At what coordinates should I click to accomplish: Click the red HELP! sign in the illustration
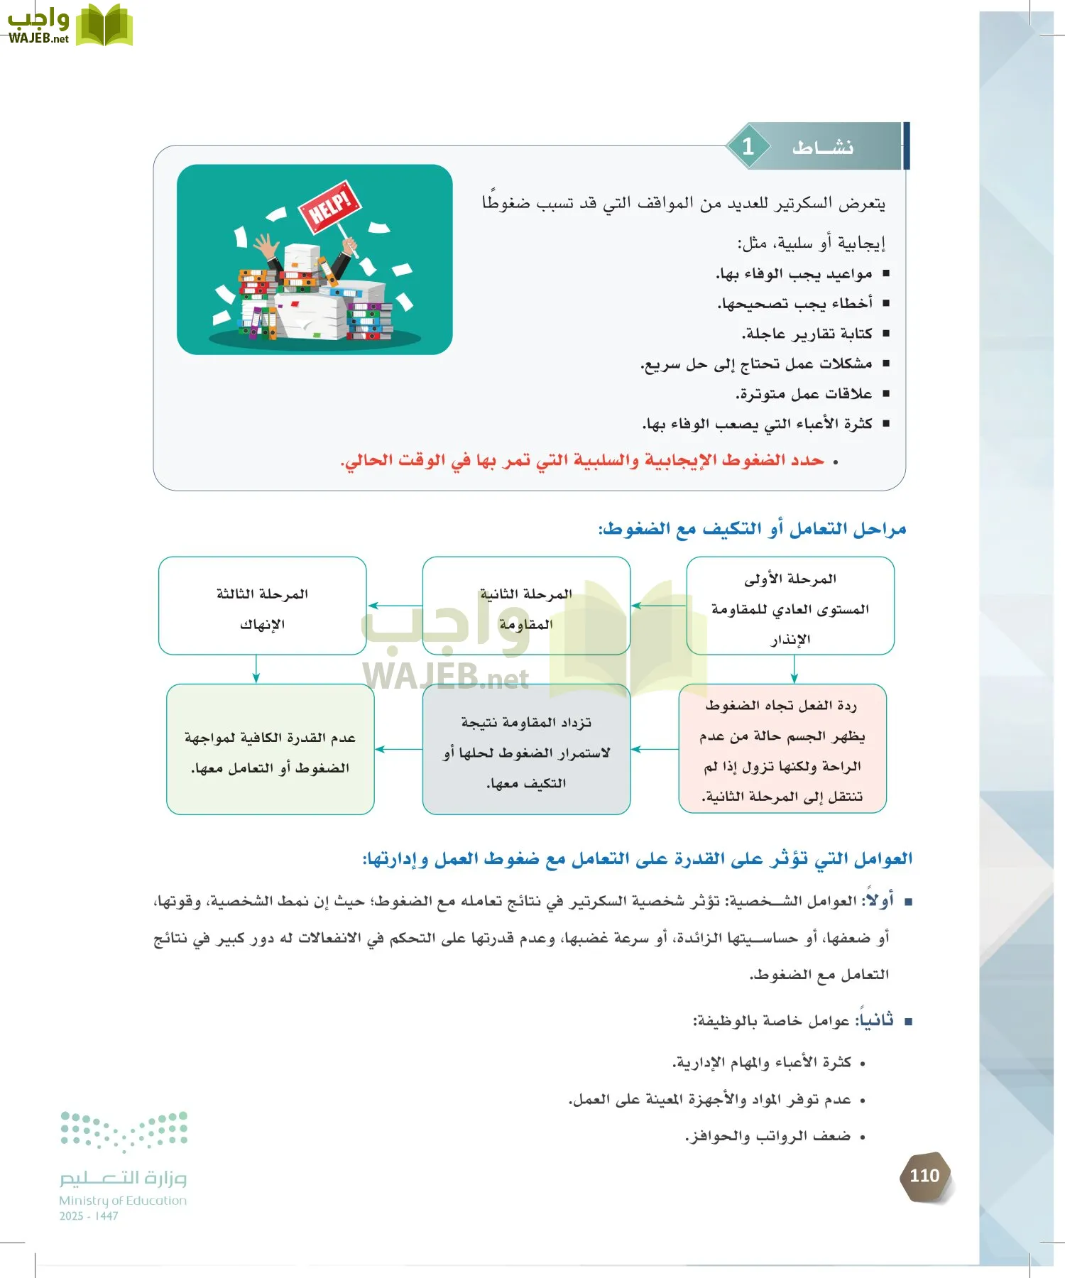(330, 205)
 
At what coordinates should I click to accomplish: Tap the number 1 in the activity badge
(748, 146)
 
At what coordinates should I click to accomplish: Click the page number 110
(924, 1176)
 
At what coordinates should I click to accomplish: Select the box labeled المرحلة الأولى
(790, 606)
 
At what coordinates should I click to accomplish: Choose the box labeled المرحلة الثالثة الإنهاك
(262, 606)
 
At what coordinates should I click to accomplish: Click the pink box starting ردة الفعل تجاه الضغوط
(782, 749)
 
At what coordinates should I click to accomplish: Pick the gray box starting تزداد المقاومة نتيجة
(526, 750)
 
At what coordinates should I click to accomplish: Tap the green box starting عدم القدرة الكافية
(271, 750)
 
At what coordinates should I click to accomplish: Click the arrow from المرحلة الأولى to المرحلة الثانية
(658, 606)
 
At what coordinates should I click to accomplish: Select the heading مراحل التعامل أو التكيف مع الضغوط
(753, 529)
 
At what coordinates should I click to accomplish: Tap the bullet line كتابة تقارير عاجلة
(807, 334)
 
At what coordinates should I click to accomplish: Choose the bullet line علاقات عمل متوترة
(804, 393)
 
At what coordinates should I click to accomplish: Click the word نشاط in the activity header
(823, 148)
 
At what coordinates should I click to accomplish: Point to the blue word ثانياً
(877, 1020)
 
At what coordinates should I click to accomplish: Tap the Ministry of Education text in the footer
(123, 1201)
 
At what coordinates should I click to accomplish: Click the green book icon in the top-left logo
(104, 26)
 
